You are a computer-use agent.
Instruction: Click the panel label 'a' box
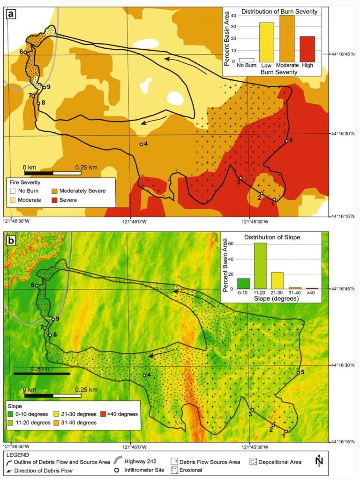pyautogui.click(x=10, y=14)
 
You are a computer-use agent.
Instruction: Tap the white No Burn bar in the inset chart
pyautogui.click(x=246, y=60)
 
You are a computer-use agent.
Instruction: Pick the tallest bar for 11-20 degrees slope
pyautogui.click(x=261, y=266)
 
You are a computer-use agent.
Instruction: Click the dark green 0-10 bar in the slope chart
pyautogui.click(x=244, y=284)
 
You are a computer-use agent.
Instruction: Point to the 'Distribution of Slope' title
pyautogui.click(x=272, y=237)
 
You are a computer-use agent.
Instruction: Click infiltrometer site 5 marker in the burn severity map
pyautogui.click(x=286, y=140)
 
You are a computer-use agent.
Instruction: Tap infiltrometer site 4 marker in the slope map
pyautogui.click(x=144, y=375)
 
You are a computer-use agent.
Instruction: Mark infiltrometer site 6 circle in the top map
pyautogui.click(x=26, y=52)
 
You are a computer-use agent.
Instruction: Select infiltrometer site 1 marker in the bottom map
pyautogui.click(x=286, y=432)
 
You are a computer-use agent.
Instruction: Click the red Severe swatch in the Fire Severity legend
pyautogui.click(x=59, y=200)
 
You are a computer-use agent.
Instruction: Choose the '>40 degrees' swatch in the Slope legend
pyautogui.click(x=103, y=414)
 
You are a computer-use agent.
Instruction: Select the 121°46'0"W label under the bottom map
pyautogui.click(x=134, y=446)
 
